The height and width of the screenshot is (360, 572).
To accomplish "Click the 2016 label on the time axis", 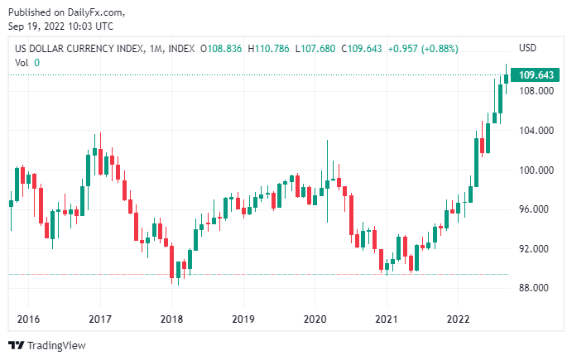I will (x=28, y=319).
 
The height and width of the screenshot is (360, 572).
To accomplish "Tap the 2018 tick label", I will (x=171, y=319).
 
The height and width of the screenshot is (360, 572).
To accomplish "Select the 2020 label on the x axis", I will (x=315, y=319).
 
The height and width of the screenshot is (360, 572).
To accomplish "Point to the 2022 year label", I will (x=458, y=319).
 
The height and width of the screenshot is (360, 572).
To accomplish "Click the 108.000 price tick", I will (x=536, y=91).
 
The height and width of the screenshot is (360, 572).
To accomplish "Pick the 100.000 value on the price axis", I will (x=536, y=170).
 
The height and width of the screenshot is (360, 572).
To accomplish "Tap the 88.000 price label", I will (x=536, y=289).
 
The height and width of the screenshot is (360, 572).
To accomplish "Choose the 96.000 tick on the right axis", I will (x=536, y=209).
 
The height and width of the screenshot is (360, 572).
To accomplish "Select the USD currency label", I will (x=527, y=48).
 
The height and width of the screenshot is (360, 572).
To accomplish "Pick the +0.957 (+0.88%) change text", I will (x=421, y=49).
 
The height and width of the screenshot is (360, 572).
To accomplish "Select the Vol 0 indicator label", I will (x=27, y=63).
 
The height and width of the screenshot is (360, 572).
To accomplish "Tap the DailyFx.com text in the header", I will (x=102, y=12).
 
